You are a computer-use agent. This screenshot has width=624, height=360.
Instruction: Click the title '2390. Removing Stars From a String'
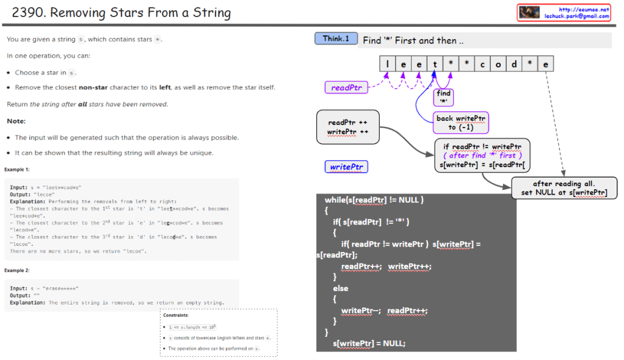click(x=122, y=12)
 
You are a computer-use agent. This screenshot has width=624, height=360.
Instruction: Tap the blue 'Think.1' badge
click(x=336, y=38)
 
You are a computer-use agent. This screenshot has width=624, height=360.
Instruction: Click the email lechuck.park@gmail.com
click(x=576, y=16)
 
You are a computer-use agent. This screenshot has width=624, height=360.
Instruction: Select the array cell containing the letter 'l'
click(x=387, y=64)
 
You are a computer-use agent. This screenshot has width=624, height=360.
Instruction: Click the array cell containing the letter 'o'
click(x=498, y=64)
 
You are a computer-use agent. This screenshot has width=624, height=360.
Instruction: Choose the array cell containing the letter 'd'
click(x=514, y=64)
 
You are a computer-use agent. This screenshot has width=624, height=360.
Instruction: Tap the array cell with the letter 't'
click(x=435, y=64)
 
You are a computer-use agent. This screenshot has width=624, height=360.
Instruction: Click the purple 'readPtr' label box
click(x=346, y=88)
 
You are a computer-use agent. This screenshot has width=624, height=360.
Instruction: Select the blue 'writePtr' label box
click(x=346, y=167)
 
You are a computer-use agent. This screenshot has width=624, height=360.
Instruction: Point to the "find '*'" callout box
click(x=443, y=96)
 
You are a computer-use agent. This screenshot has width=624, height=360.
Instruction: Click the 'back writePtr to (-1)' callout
click(x=461, y=123)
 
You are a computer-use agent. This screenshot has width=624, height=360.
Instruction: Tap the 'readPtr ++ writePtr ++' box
click(x=347, y=127)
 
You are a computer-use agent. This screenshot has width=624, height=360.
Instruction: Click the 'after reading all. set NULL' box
click(x=564, y=188)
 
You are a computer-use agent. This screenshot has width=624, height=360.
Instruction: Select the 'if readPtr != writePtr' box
click(x=482, y=156)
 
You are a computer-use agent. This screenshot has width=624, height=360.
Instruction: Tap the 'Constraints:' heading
click(x=176, y=315)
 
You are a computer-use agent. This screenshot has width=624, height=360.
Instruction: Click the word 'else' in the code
click(x=340, y=289)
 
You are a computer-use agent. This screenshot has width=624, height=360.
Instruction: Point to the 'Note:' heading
click(x=16, y=121)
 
